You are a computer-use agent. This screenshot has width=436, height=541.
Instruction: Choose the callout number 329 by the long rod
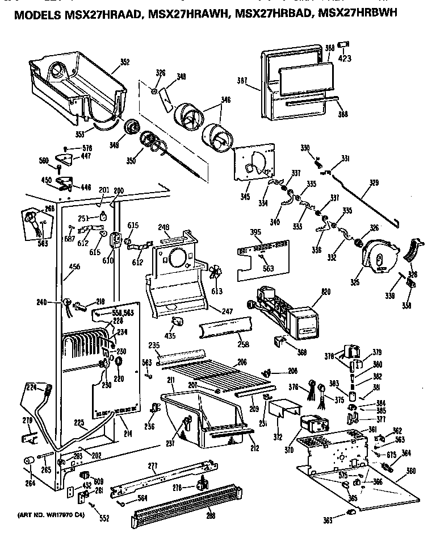[x=374, y=183]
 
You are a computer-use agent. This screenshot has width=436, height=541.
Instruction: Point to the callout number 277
[x=152, y=466]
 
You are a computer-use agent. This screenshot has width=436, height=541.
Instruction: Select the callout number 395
[x=255, y=234]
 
